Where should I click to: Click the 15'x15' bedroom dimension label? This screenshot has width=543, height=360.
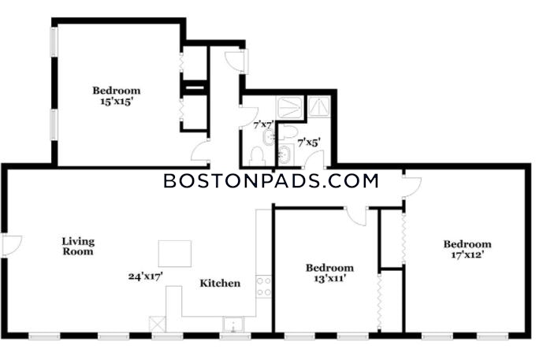coord(117,102)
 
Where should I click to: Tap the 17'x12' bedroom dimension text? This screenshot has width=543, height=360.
coord(467,255)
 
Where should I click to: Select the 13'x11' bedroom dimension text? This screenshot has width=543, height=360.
coord(329,278)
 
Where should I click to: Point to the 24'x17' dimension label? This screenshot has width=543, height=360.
coord(146,276)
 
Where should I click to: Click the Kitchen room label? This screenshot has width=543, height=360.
coord(220,283)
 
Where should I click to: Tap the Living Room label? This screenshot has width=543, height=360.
coord(78,246)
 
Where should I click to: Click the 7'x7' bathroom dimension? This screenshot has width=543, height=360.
coord(263,124)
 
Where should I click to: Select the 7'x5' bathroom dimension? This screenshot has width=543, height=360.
coord(309,143)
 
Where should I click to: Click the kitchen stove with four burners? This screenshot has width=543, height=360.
coord(263,287)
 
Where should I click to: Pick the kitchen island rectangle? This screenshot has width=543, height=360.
coord(175,254)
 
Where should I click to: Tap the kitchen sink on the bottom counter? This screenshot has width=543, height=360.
coord(233,325)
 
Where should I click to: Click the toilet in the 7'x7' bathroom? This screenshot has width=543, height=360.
coord(257,156)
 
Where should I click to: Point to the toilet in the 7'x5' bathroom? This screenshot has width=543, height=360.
coord(288,132)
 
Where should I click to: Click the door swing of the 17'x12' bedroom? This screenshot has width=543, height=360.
coord(412,187)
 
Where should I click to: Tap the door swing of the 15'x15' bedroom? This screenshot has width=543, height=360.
coord(200,150)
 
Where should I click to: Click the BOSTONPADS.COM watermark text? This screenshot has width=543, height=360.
coord(271,181)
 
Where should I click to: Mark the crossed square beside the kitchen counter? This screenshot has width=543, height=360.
coord(158,325)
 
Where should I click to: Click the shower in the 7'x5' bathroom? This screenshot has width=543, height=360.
coord(319,106)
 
